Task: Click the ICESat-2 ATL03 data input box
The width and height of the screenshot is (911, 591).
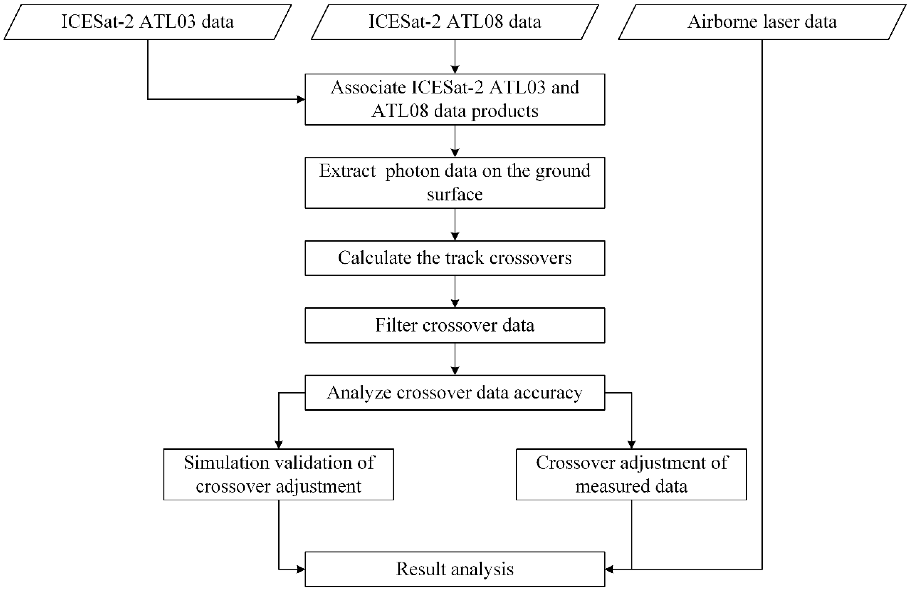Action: pos(147,22)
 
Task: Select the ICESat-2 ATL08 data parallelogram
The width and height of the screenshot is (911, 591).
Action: pos(455,22)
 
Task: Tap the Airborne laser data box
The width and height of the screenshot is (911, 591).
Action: pos(762,22)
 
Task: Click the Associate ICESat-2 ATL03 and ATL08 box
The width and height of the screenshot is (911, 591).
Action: pos(455,99)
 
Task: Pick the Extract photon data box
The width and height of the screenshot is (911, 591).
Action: pos(455,182)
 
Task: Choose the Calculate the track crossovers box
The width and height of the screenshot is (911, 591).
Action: pos(455,258)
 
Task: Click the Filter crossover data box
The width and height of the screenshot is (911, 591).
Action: pos(455,325)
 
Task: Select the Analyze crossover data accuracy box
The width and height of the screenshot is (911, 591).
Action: pos(455,393)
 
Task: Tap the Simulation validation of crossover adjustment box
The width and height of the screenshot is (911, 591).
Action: pos(279,475)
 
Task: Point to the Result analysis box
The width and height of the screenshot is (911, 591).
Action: pos(455,569)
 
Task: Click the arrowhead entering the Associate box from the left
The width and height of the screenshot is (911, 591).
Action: pos(301,99)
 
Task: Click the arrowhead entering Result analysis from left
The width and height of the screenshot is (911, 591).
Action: pos(301,569)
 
